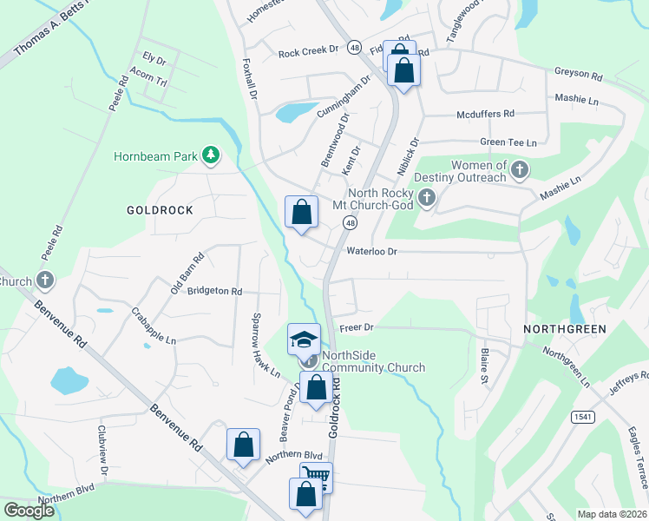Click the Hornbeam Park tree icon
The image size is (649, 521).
click(x=209, y=156)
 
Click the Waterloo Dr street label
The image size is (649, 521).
click(x=371, y=251)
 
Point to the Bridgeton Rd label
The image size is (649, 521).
click(x=214, y=292)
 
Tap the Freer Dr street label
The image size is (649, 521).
click(x=356, y=327)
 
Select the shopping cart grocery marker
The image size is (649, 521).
click(x=316, y=476)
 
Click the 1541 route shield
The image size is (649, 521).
click(x=582, y=418)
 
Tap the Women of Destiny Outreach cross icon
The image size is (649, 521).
click(x=520, y=168)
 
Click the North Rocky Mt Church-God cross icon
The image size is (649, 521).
click(x=426, y=199)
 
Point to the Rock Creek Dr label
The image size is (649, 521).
click(x=308, y=52)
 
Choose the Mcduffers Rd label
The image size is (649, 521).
click(x=486, y=114)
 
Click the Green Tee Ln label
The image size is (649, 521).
click(x=508, y=142)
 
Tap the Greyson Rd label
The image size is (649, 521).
click(x=579, y=76)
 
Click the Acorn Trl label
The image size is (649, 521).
click(x=147, y=79)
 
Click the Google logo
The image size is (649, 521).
click(x=29, y=510)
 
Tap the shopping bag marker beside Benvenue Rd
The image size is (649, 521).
click(x=244, y=445)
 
